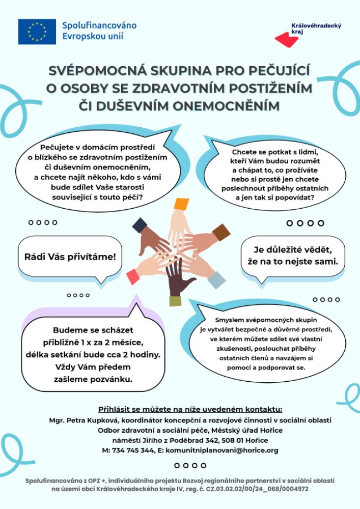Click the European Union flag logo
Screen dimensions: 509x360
[x=37, y=31]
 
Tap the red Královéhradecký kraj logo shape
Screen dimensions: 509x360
[x=287, y=39]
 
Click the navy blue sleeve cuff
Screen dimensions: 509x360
[x=139, y=224]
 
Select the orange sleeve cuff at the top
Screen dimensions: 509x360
[x=182, y=204]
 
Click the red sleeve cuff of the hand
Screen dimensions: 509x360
[x=133, y=276]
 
